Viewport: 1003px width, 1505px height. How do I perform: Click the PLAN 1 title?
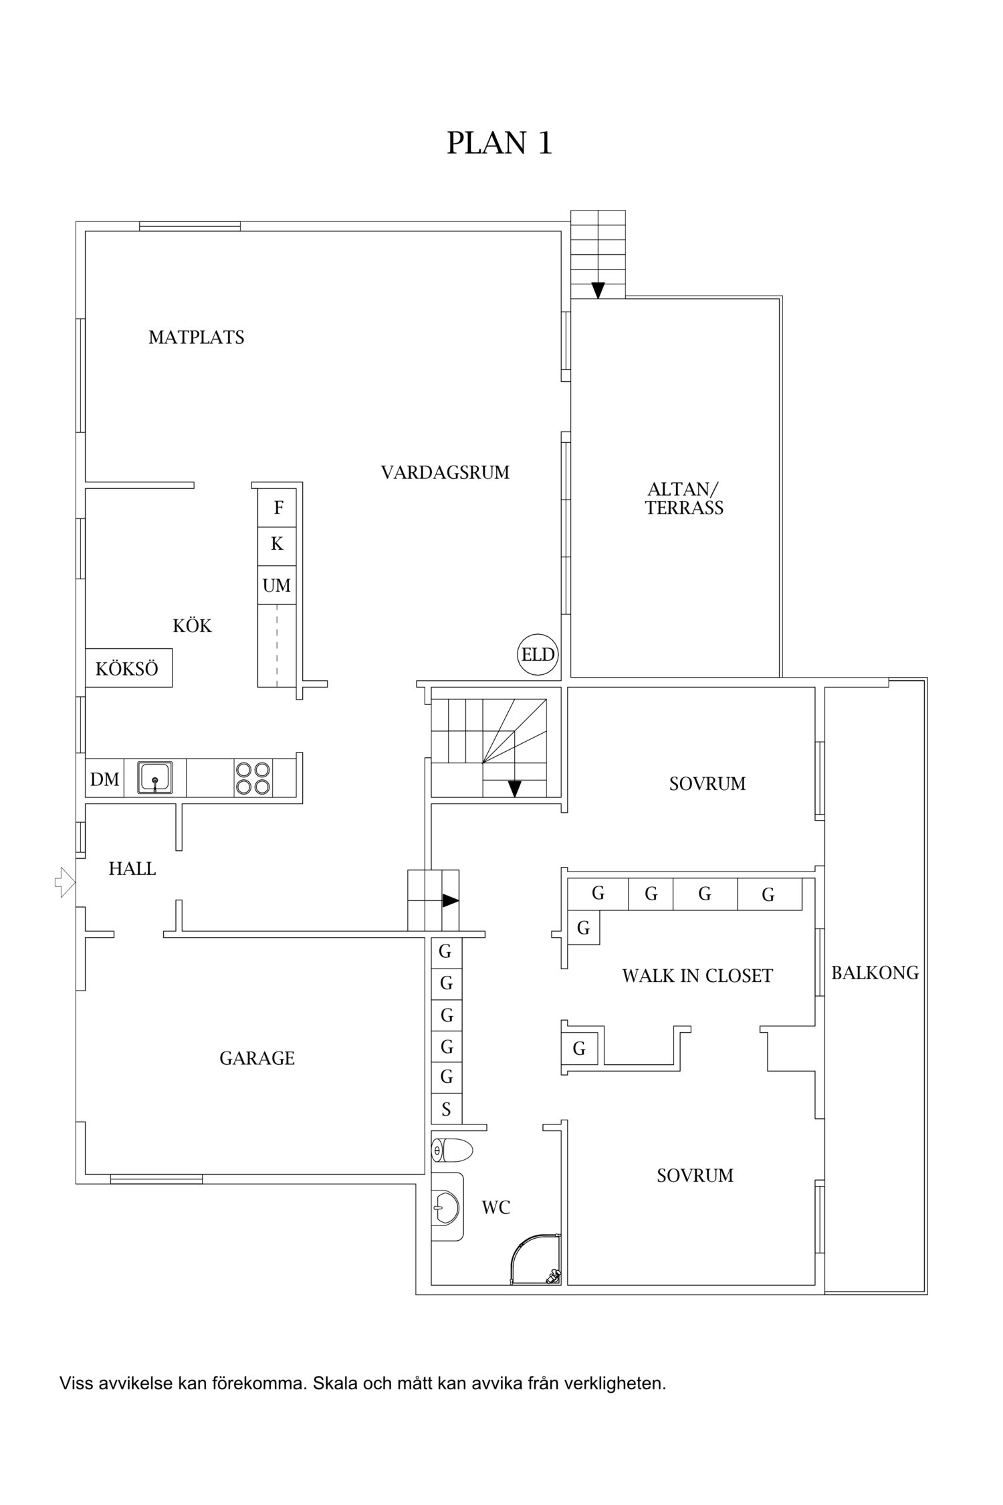pyautogui.click(x=499, y=143)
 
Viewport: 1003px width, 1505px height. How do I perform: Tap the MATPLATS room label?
pyautogui.click(x=196, y=337)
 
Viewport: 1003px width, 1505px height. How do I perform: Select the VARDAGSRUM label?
pyautogui.click(x=445, y=473)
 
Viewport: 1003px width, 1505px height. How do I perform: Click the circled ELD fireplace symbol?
pyautogui.click(x=538, y=654)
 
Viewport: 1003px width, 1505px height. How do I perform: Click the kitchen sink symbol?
pyautogui.click(x=155, y=777)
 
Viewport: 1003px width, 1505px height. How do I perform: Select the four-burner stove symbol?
pyautogui.click(x=253, y=778)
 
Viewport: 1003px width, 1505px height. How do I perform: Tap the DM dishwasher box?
pyautogui.click(x=105, y=779)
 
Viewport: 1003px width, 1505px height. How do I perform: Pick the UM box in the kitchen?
pyautogui.click(x=277, y=586)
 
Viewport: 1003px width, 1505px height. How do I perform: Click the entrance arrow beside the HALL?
pyautogui.click(x=65, y=882)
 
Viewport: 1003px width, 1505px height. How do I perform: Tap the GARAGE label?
pyautogui.click(x=257, y=1058)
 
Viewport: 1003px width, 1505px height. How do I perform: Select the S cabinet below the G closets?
pyautogui.click(x=446, y=1110)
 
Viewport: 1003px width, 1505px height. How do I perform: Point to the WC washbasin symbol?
pyautogui.click(x=447, y=1207)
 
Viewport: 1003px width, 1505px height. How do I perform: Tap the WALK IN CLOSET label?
pyautogui.click(x=697, y=976)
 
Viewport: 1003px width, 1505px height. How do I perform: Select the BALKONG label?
pyautogui.click(x=875, y=973)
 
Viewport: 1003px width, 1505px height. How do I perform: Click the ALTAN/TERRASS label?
pyautogui.click(x=684, y=498)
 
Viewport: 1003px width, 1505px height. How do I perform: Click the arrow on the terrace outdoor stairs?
pyautogui.click(x=598, y=290)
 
